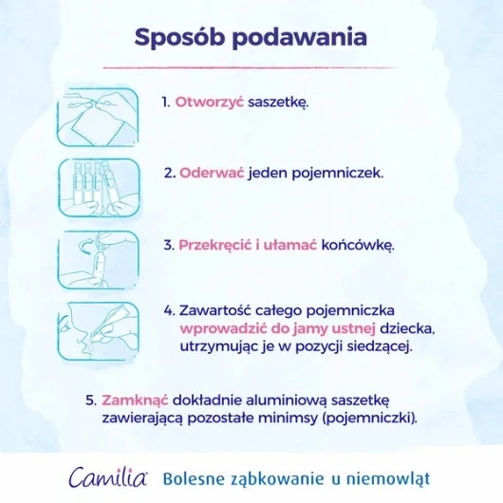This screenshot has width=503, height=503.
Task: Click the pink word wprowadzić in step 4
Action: pyautogui.click(x=223, y=328)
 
